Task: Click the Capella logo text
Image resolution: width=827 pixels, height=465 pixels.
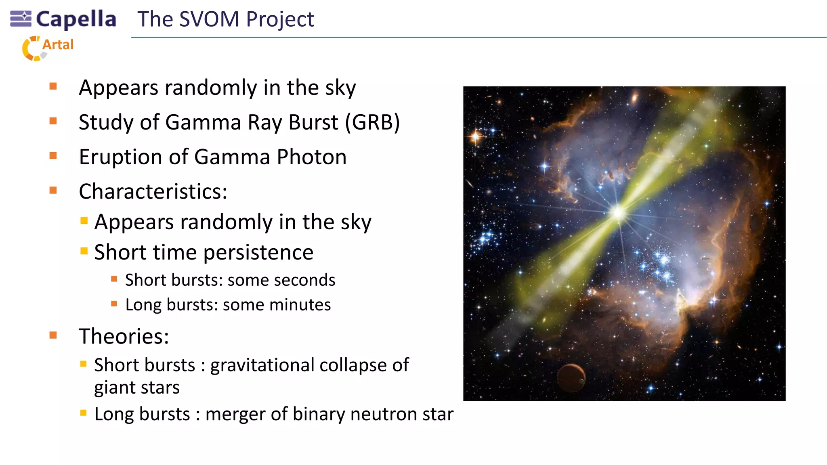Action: [x=76, y=19]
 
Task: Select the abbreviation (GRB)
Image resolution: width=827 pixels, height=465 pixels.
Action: [x=372, y=122]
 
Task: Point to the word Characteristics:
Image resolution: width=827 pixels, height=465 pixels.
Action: [x=153, y=191]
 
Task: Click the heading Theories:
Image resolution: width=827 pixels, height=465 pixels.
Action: [x=124, y=336]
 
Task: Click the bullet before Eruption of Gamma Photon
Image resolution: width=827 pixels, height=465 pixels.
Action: [x=53, y=156]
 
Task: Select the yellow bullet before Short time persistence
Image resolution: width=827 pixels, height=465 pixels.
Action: [x=84, y=251]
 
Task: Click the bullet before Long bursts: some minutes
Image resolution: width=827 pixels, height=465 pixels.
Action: [x=114, y=304]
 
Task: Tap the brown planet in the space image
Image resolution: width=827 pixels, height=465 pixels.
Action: [x=571, y=378]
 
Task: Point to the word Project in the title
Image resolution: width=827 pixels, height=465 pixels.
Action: [x=280, y=19]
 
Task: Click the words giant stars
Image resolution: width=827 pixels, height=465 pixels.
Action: [x=137, y=388]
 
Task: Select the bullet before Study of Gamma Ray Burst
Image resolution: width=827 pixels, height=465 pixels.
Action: [x=53, y=121]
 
